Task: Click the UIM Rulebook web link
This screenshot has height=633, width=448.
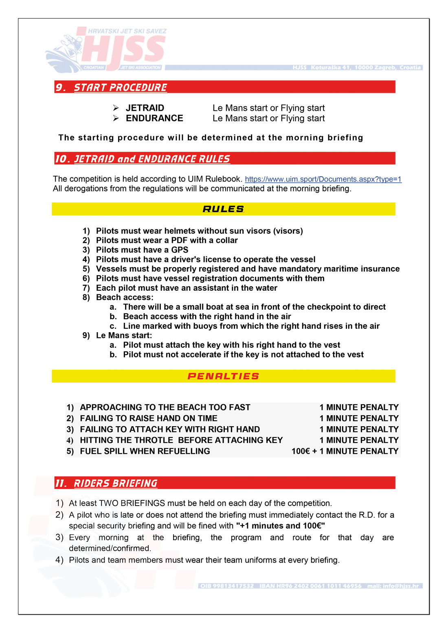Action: coord(323,179)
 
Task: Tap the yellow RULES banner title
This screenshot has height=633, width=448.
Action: coord(223,209)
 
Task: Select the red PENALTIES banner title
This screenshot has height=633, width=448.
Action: coord(223,377)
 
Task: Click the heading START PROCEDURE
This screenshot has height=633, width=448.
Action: coord(120,88)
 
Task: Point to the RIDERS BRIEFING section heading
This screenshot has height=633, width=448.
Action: coord(115,483)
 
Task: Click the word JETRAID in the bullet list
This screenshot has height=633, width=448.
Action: coord(145,108)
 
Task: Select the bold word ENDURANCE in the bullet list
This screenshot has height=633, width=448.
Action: coord(154,118)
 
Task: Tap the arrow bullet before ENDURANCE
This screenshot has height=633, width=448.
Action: coord(116,118)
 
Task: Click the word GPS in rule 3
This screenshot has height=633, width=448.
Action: coord(180,250)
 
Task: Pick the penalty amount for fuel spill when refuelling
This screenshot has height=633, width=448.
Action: coord(345,451)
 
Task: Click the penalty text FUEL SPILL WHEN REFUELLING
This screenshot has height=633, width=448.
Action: coord(145,451)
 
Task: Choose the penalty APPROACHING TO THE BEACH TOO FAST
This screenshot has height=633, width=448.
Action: coord(165,407)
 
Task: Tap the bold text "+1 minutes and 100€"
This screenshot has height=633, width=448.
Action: coord(280,526)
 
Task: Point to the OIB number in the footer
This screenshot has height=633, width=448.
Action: coord(227,586)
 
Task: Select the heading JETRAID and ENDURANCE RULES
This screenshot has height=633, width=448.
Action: coord(143,159)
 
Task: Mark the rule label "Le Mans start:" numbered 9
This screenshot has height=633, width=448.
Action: coord(124,335)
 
